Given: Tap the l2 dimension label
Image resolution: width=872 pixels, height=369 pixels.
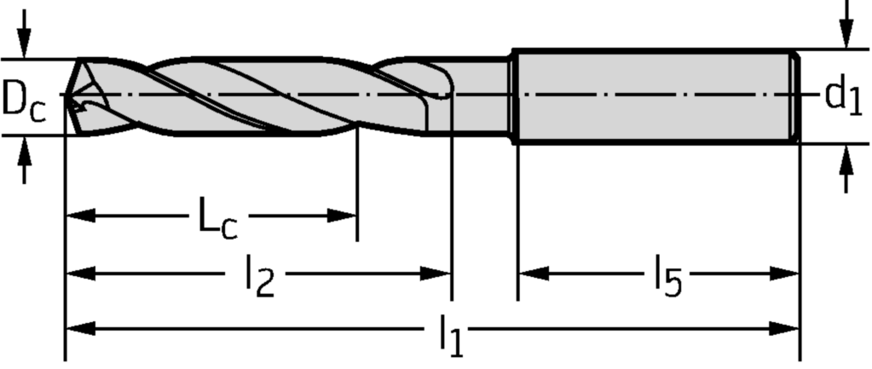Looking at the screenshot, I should tap(259, 280).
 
